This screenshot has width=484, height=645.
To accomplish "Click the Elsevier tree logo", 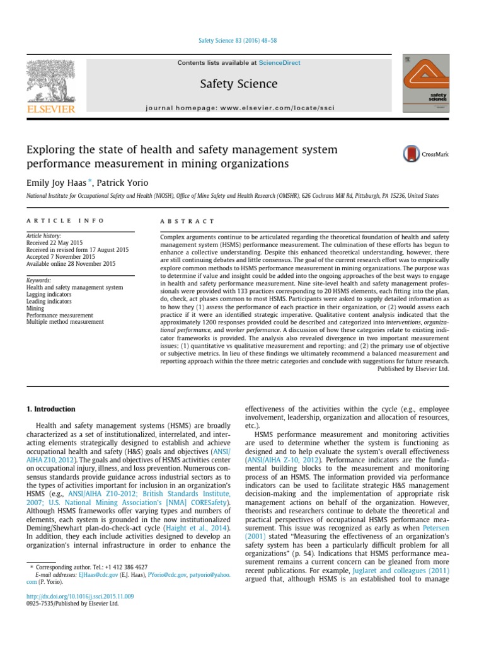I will pyautogui.click(x=50, y=82).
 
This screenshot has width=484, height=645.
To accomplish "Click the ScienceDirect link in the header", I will pyautogui.click(x=279, y=63).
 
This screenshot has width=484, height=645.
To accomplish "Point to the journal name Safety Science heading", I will pyautogui.click(x=238, y=84).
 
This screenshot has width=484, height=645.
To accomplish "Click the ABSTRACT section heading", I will pyautogui.click(x=179, y=222).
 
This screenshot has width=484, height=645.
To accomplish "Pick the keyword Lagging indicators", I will pyautogui.click(x=49, y=294).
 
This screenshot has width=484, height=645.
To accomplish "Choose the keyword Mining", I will pyautogui.click(x=35, y=308).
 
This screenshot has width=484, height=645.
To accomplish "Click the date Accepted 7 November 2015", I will pyautogui.click(x=60, y=257).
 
